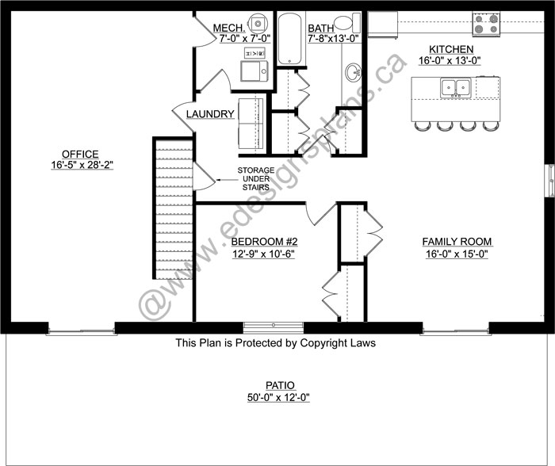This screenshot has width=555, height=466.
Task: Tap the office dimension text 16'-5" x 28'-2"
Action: [x=81, y=166]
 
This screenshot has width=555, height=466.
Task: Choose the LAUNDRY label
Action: [x=210, y=114]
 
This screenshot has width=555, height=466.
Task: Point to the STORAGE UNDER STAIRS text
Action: [x=255, y=178]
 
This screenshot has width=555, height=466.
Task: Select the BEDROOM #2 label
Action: [x=264, y=242]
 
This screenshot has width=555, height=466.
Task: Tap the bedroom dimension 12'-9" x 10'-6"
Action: [x=264, y=254]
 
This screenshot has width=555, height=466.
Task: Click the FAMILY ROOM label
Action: [x=456, y=242]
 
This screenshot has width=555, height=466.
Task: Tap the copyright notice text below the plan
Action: [x=275, y=344]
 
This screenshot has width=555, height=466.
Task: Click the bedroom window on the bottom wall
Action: [x=274, y=327]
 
